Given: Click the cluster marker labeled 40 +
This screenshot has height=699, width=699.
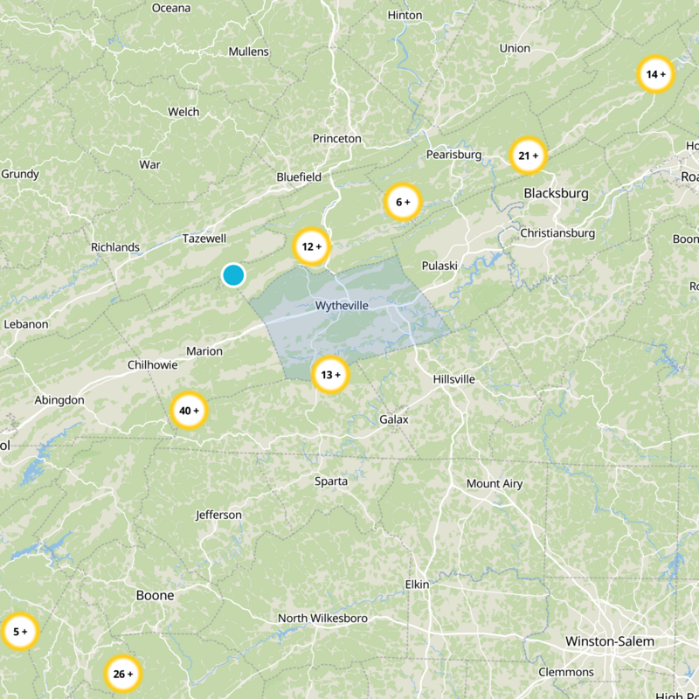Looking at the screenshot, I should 189,411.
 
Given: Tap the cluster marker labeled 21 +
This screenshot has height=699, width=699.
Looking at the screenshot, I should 528,156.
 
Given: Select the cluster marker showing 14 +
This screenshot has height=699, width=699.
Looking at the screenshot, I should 655,74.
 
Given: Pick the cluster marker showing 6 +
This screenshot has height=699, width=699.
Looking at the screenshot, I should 403,202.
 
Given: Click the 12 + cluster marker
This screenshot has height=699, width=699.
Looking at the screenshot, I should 311,246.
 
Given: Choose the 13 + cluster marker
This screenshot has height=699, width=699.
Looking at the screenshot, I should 330,375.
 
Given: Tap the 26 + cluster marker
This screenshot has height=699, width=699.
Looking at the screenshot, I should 122,674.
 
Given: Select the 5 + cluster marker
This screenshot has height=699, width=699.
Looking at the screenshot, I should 19,631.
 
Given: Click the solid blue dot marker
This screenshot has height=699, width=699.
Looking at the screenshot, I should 232,275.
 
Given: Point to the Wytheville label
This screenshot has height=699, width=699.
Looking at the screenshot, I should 342,306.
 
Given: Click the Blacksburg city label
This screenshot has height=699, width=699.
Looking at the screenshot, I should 556,193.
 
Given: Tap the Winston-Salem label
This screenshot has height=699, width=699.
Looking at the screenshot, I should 609,641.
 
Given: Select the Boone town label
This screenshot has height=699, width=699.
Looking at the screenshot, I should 155,596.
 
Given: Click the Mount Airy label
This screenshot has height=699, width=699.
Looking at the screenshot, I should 495,484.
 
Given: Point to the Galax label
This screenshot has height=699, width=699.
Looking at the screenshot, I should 394,419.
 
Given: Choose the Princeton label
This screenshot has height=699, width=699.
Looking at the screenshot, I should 336,139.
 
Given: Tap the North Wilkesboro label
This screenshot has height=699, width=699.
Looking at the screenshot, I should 322,619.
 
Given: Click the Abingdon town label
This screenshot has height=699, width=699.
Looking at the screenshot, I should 59,400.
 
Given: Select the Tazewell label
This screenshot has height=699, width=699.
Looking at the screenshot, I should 204,239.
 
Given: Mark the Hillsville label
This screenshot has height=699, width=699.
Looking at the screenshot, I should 453,379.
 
